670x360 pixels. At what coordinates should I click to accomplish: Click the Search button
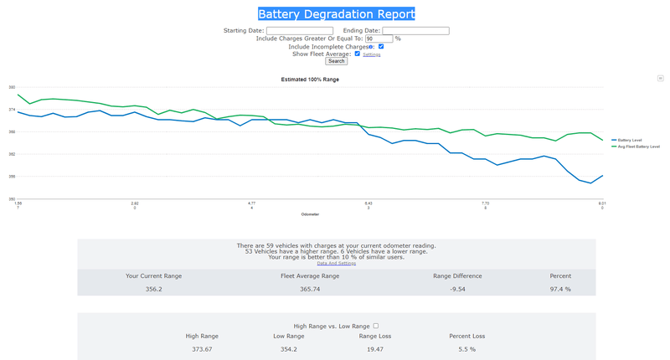click(336, 61)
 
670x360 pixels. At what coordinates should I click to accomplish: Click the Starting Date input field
click(299, 31)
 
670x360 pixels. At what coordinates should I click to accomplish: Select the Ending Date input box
click(415, 31)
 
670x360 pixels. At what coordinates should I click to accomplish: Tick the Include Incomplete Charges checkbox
click(381, 47)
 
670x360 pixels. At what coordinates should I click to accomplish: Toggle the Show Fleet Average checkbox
click(358, 54)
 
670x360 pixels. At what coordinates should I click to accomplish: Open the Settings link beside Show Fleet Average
click(372, 54)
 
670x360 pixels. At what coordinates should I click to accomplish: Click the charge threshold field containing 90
click(379, 39)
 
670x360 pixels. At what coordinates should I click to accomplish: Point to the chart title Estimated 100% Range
click(310, 80)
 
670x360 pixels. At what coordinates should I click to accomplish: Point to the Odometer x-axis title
click(310, 214)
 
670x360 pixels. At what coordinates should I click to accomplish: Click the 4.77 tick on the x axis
click(251, 203)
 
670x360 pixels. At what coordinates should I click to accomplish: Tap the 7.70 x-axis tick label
click(485, 203)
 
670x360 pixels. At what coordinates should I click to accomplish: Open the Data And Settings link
click(336, 264)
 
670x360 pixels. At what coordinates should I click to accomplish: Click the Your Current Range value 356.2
click(154, 289)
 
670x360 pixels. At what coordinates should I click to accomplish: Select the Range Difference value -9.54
click(457, 289)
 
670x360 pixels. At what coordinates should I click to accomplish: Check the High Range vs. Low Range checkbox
click(376, 326)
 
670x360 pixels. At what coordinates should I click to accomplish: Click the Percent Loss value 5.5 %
click(466, 348)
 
